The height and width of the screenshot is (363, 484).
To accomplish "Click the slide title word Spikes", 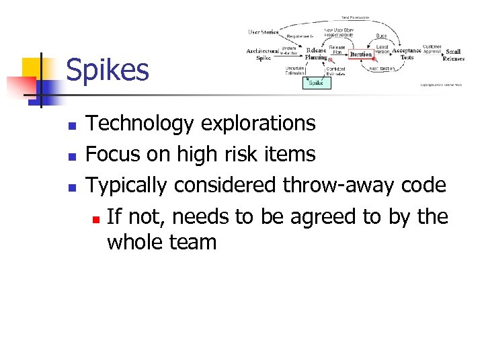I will click(108, 71).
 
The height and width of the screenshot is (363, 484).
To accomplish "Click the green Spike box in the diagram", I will click(316, 83).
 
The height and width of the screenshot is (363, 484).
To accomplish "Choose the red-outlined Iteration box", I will click(360, 54).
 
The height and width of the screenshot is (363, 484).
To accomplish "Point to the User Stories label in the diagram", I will click(264, 32).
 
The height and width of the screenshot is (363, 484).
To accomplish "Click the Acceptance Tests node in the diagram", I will click(407, 54).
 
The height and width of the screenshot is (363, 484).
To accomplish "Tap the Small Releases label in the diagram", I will click(453, 54).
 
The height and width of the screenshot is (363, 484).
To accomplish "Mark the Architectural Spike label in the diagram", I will click(263, 54).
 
